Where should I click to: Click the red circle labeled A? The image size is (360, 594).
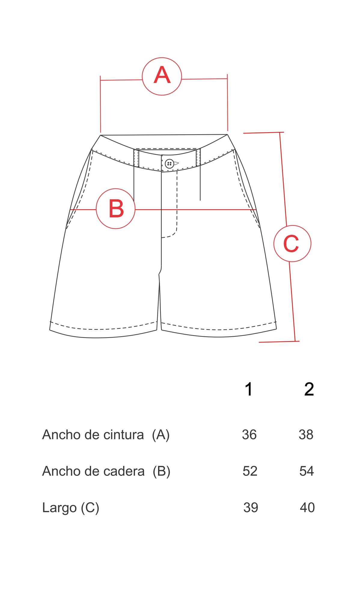[x=162, y=58]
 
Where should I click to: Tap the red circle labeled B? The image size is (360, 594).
[x=116, y=189]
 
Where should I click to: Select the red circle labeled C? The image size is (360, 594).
[x=292, y=226]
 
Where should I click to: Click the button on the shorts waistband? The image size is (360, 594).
[x=169, y=164]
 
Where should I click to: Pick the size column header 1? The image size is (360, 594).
[x=249, y=389]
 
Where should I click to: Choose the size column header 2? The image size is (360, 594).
[x=309, y=389]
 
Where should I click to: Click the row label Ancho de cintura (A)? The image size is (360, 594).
[x=106, y=435]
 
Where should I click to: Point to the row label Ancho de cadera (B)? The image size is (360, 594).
[x=106, y=471]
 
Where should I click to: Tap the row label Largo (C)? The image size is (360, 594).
[x=71, y=508]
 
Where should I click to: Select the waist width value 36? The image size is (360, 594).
[x=249, y=435]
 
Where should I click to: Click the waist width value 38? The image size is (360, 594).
[x=306, y=435]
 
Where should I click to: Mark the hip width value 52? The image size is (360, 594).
[x=250, y=471]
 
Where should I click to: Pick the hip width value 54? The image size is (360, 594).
[x=307, y=471]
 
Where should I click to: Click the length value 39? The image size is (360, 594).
[x=251, y=508]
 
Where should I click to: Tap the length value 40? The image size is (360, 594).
[x=307, y=508]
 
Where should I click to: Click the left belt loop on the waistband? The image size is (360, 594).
[x=136, y=158]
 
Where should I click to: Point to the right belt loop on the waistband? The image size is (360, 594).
[x=198, y=157]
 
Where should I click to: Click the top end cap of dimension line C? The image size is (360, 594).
[x=264, y=133]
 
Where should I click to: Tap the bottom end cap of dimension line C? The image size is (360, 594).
[x=279, y=341]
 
